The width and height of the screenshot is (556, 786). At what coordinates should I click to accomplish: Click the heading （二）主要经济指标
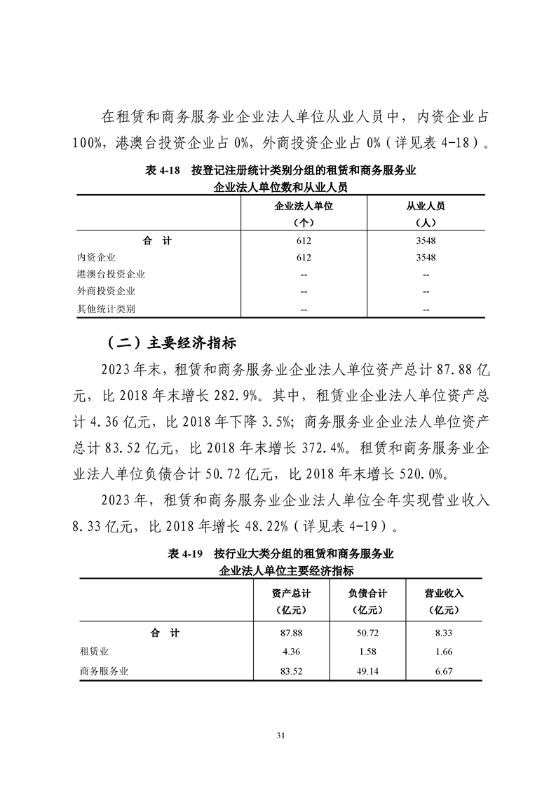(x=172, y=343)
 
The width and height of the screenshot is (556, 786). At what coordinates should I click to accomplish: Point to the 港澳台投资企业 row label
(x=111, y=275)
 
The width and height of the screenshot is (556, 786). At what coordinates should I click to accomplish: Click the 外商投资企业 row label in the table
(x=107, y=291)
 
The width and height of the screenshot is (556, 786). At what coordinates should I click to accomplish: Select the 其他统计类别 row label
(x=107, y=309)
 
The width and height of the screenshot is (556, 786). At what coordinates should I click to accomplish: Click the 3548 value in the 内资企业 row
(x=426, y=257)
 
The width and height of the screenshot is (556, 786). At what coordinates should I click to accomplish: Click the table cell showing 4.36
(x=291, y=651)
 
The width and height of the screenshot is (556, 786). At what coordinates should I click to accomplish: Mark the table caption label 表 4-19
(x=185, y=553)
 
